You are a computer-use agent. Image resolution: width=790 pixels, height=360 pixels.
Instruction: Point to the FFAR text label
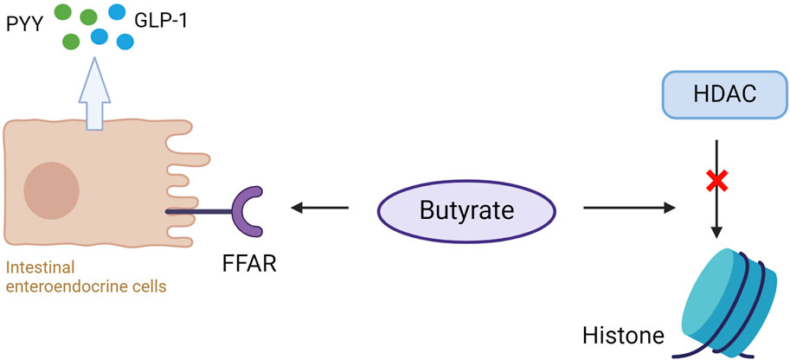click(x=248, y=262)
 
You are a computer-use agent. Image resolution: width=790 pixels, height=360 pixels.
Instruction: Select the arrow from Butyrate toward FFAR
click(x=319, y=208)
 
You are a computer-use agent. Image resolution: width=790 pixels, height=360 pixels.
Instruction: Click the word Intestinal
click(x=35, y=269)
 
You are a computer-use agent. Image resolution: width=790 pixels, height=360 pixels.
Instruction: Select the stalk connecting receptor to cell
click(x=198, y=210)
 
